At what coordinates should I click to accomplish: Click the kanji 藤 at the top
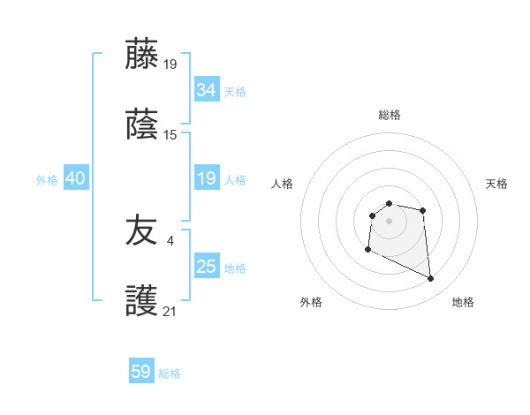(x=141, y=54)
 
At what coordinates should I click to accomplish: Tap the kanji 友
(x=141, y=231)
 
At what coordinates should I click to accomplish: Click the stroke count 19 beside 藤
(x=170, y=64)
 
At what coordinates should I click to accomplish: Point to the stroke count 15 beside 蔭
(x=170, y=134)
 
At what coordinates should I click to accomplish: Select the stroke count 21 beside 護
(x=170, y=311)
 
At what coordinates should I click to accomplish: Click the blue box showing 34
(x=206, y=90)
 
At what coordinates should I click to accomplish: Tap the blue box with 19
(x=206, y=178)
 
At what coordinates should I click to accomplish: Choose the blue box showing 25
(x=206, y=267)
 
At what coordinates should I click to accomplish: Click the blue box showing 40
(x=75, y=178)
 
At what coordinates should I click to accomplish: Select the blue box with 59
(x=140, y=372)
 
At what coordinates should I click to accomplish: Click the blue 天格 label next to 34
(x=235, y=92)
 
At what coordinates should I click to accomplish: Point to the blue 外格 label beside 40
(x=47, y=180)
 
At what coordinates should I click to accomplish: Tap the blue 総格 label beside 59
(x=170, y=373)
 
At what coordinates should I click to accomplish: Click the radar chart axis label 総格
(x=390, y=115)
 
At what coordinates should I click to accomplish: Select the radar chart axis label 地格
(x=463, y=302)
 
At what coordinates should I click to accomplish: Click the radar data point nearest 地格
(x=431, y=279)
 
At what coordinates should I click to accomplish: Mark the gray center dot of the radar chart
(x=389, y=221)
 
